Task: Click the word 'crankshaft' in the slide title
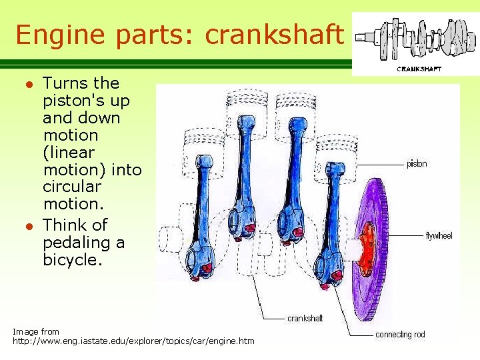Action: coord(273,35)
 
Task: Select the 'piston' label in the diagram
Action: coord(417,164)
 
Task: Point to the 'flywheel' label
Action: coord(439,236)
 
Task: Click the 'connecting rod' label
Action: coord(400,335)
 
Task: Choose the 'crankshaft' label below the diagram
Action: coord(305,319)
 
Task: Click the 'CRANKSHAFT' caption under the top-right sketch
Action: coord(419,69)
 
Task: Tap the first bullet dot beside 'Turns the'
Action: coord(27,84)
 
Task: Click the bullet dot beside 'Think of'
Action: coord(27,225)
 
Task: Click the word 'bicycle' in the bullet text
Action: coord(71,259)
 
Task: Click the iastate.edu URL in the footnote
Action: coord(133,341)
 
